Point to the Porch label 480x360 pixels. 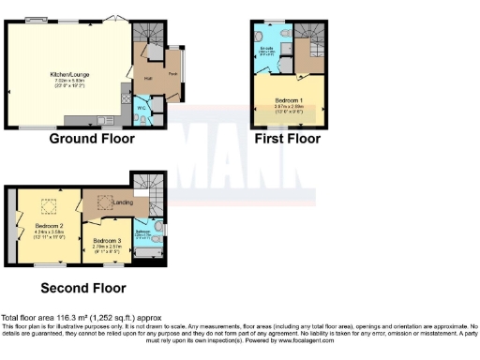pyautogui.click(x=172, y=72)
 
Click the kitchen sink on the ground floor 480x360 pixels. pyautogui.click(x=126, y=95)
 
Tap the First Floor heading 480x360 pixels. pyautogui.click(x=288, y=139)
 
